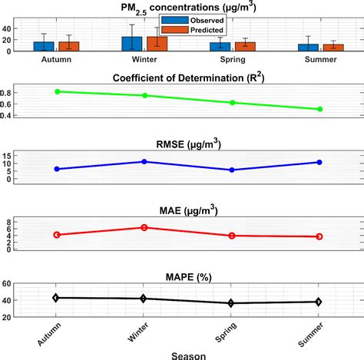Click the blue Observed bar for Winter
[132, 44]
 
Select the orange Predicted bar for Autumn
[69, 46]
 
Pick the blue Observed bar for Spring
[220, 47]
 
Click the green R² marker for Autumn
[56, 91]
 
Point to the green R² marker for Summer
[319, 109]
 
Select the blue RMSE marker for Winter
[144, 162]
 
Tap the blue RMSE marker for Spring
[232, 170]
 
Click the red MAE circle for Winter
[144, 227]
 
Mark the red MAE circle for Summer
[319, 236]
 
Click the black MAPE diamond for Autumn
[56, 297]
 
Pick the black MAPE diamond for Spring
[232, 303]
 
